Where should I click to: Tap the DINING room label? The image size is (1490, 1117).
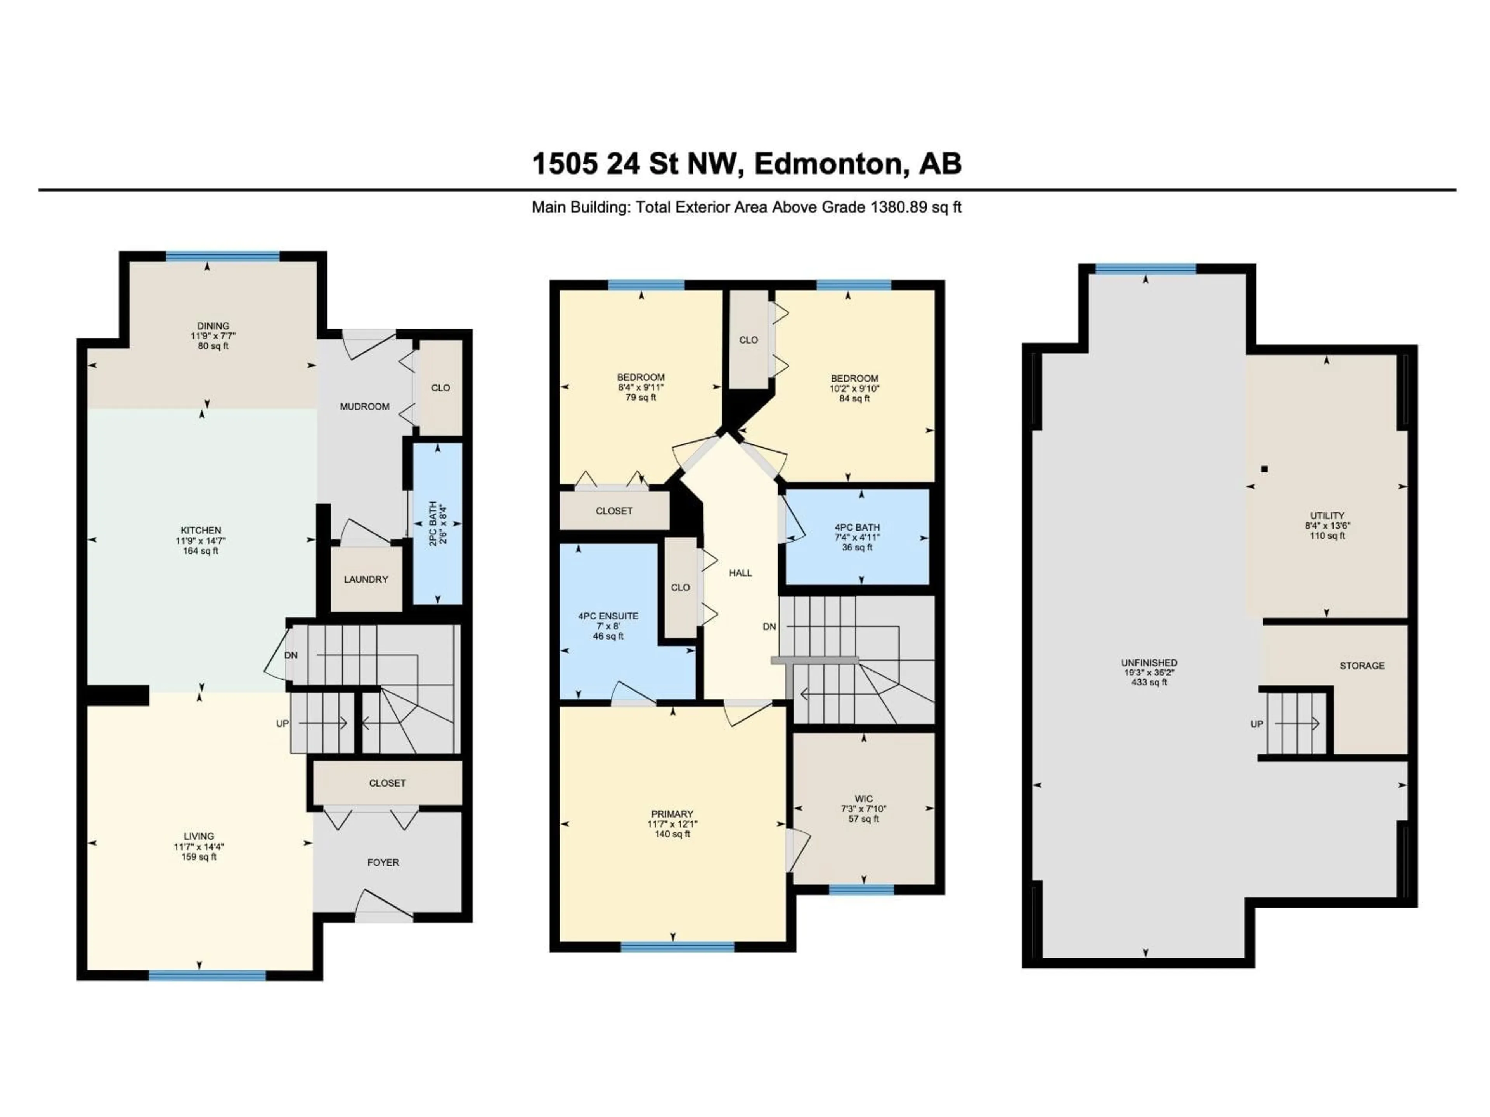[213, 326]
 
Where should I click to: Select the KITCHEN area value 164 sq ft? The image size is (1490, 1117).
[201, 551]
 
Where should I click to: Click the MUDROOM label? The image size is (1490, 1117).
[364, 407]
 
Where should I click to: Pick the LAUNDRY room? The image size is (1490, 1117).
[366, 579]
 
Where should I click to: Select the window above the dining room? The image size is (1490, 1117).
[222, 256]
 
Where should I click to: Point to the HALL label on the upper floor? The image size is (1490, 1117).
[740, 573]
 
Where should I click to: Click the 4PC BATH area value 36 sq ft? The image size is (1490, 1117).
[857, 547]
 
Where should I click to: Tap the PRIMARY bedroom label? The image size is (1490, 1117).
[672, 814]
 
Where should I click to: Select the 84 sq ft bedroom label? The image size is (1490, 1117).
[854, 379]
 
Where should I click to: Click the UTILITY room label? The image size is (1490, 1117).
[1327, 516]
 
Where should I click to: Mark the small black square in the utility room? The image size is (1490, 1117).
[1264, 469]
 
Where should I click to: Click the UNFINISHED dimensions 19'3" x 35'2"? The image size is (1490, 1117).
[1149, 672]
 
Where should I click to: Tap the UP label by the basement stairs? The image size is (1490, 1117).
[1256, 724]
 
